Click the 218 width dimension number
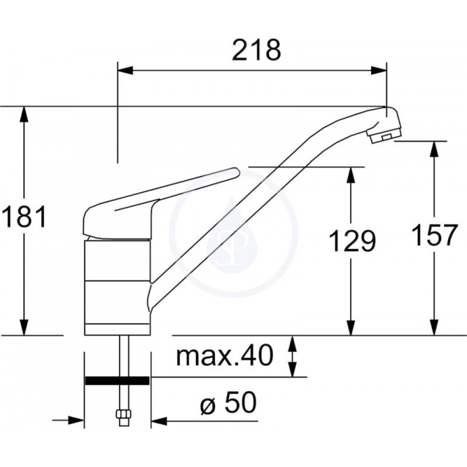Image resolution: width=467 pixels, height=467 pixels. coord(256,50)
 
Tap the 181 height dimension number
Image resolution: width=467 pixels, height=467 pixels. coord(24,217)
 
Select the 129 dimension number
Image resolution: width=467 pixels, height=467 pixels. coord(352,241)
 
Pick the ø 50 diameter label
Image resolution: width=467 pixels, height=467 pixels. coord(228,403)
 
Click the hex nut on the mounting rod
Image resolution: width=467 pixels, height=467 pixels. coord(123,415)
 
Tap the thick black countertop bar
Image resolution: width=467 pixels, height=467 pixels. coord(117,381)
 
